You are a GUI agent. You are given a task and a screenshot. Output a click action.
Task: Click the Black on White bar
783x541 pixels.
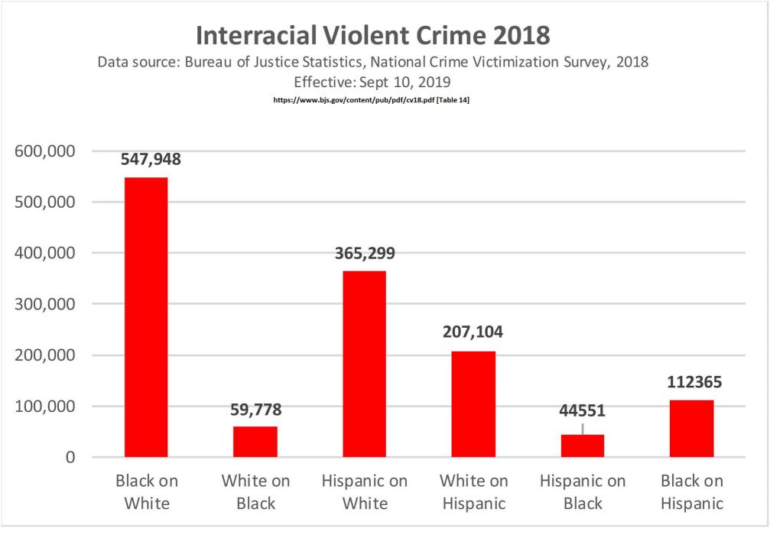(x=146, y=317)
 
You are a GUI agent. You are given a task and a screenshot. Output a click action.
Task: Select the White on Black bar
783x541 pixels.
(x=255, y=442)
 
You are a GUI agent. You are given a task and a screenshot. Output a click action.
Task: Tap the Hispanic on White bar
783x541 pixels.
(x=364, y=364)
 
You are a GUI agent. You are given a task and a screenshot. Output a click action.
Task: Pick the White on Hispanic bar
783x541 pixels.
(x=473, y=404)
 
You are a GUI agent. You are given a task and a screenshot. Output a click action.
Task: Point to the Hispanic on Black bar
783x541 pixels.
(x=583, y=445)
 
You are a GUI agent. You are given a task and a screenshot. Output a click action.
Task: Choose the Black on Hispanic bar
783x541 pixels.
(x=691, y=428)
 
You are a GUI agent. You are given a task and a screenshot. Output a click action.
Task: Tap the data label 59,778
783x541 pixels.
(x=255, y=410)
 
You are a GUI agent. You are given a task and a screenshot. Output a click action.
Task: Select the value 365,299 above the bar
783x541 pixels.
(x=365, y=254)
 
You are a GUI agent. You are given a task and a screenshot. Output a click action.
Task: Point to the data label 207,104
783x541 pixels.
(x=473, y=334)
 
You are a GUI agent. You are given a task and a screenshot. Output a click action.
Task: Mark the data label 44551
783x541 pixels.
(x=583, y=411)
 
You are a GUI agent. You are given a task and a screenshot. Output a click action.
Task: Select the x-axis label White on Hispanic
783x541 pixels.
(x=473, y=491)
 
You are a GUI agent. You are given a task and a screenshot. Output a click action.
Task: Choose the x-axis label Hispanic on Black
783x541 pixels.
(x=583, y=491)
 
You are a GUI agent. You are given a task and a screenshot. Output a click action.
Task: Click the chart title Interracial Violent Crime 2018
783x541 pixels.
(x=372, y=36)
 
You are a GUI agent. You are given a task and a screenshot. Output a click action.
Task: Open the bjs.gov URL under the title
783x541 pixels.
(x=371, y=100)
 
